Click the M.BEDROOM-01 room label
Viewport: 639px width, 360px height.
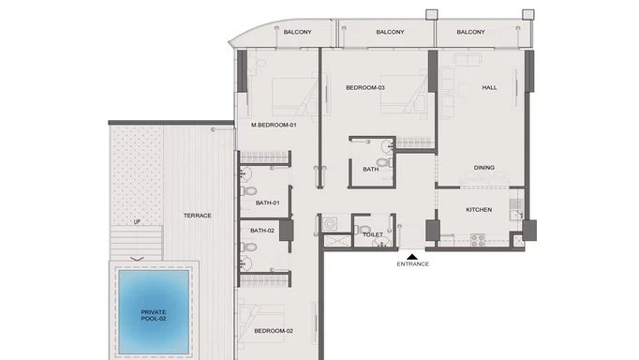(x=274, y=125)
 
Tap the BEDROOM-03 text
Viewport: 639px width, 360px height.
(x=365, y=88)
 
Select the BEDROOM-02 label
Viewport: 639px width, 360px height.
(x=273, y=331)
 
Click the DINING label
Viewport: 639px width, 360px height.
(x=483, y=168)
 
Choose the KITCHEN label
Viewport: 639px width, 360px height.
(x=479, y=209)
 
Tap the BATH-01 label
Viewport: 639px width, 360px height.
(x=268, y=202)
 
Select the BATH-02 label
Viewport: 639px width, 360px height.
(x=262, y=230)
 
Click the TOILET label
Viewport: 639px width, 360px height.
(x=373, y=234)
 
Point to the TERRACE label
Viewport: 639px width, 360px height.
(x=198, y=216)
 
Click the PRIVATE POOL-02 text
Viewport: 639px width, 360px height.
(x=154, y=315)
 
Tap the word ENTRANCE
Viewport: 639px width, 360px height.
(x=412, y=264)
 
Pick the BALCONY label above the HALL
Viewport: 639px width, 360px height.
(x=470, y=33)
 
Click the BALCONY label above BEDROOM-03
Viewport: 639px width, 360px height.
(x=390, y=33)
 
